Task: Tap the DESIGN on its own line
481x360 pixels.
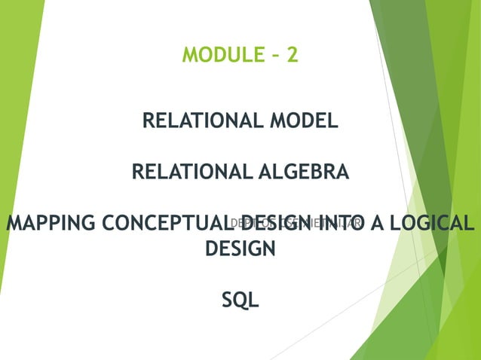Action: [240, 248]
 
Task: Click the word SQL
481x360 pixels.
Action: [240, 300]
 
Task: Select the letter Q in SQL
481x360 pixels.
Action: [240, 300]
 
